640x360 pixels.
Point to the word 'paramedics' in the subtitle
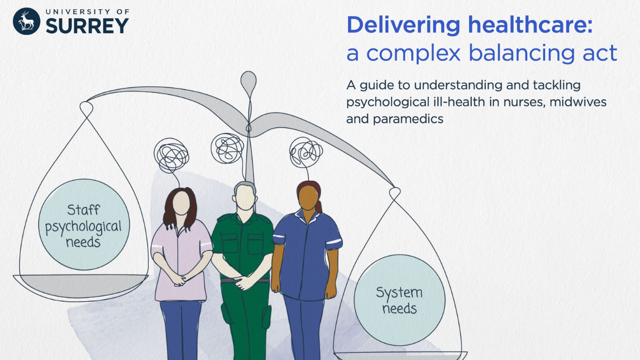(395, 119)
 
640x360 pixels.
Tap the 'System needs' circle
(399, 300)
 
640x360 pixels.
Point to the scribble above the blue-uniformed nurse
(306, 152)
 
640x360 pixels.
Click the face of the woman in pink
(181, 203)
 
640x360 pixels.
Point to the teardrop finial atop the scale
(248, 83)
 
